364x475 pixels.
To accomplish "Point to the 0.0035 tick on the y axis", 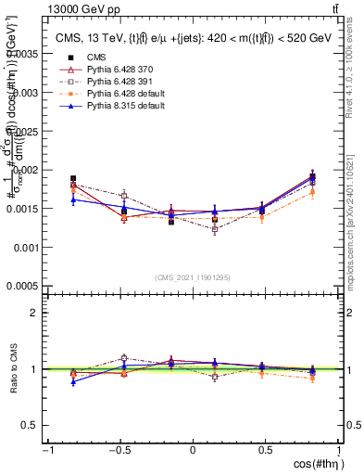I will click(x=22, y=55).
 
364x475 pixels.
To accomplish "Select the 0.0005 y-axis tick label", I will click(x=22, y=287).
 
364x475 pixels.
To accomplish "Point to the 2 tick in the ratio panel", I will click(x=34, y=313).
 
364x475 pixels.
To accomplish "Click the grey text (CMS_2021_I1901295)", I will click(x=192, y=276).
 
